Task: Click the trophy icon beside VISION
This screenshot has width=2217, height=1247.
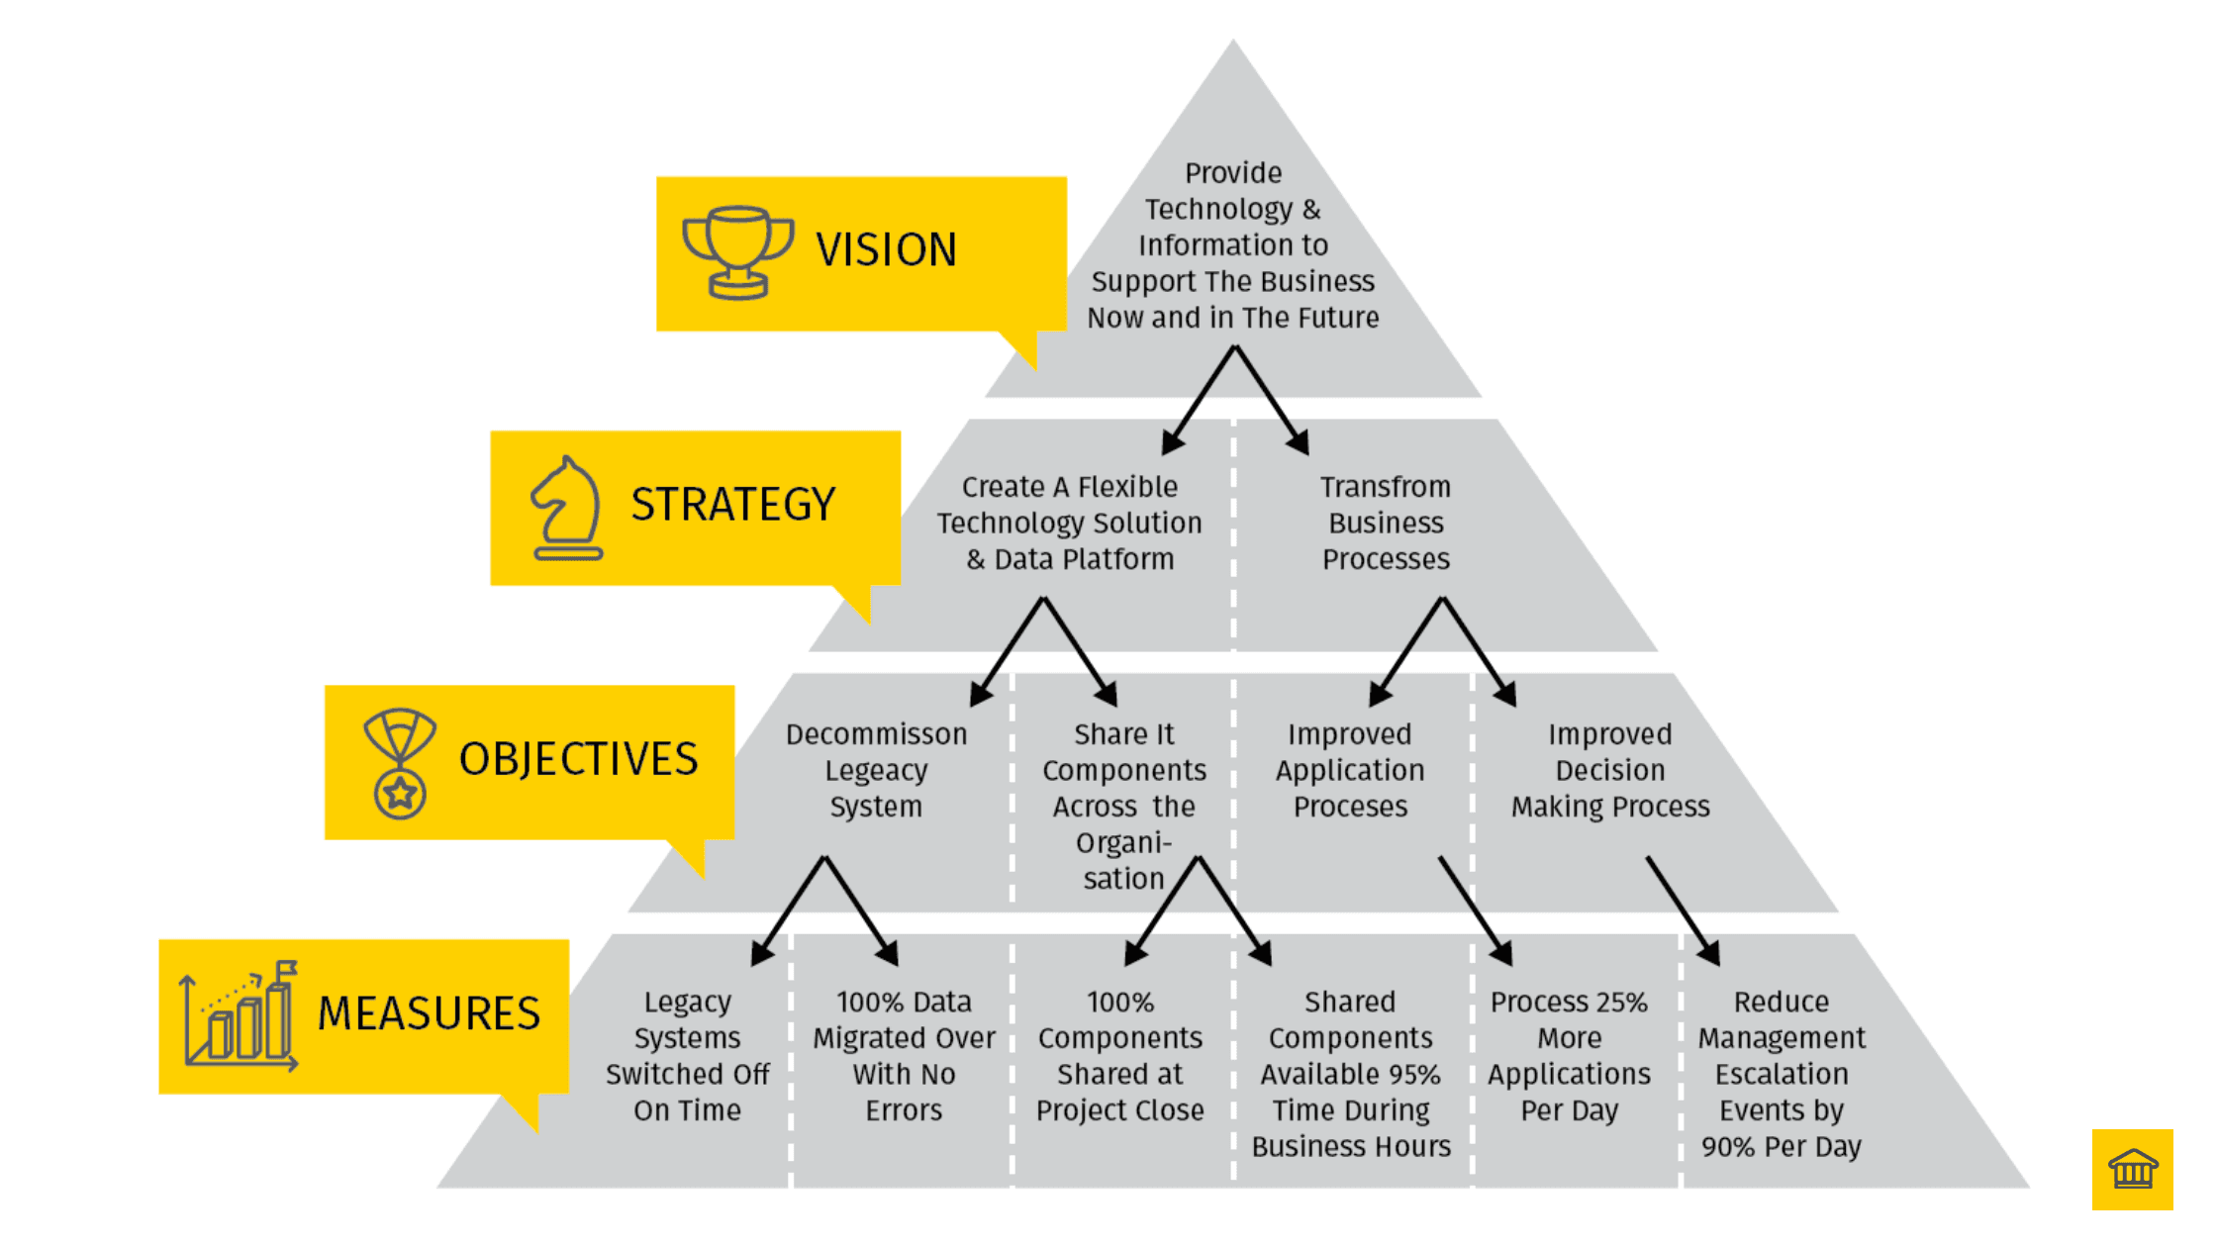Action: point(737,251)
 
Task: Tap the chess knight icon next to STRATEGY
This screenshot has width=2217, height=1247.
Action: point(567,508)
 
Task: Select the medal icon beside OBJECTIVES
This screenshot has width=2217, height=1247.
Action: point(399,762)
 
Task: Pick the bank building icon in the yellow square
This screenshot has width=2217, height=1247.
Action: point(2132,1169)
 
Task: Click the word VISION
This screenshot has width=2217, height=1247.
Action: point(886,249)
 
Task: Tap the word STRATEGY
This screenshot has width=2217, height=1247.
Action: point(732,505)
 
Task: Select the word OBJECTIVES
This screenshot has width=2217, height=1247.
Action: point(578,759)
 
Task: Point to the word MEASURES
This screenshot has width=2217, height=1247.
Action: point(429,1013)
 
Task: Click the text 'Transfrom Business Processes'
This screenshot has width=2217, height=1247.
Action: point(1386,523)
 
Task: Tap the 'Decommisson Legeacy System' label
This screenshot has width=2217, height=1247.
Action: point(876,770)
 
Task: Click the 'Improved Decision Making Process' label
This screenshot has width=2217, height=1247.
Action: point(1610,770)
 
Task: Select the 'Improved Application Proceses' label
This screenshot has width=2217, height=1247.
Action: point(1350,770)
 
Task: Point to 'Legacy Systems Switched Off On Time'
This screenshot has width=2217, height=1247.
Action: point(687,1055)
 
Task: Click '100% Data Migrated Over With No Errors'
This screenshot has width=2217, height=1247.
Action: point(904,1055)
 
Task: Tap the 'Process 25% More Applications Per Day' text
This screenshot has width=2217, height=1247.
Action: point(1569,1055)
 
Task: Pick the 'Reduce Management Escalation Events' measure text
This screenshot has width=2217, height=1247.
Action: point(1781,1073)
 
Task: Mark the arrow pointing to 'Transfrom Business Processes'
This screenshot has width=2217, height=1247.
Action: point(1272,400)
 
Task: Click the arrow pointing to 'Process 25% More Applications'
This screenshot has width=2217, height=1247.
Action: point(1475,911)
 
